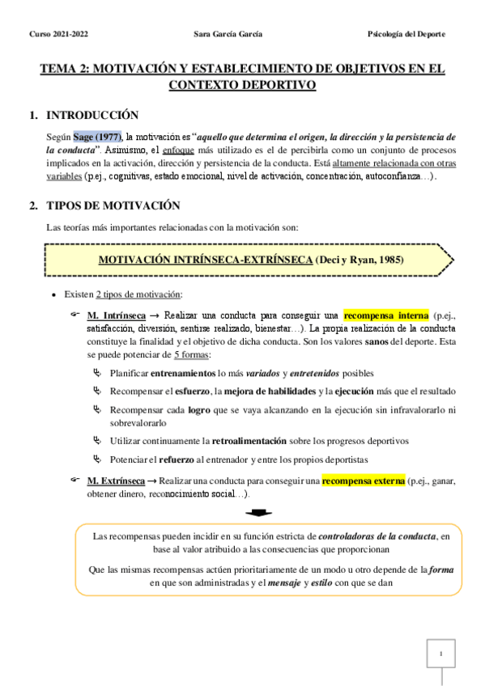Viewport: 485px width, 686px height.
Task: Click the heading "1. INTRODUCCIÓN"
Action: point(83,116)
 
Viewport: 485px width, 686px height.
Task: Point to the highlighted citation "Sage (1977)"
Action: point(96,138)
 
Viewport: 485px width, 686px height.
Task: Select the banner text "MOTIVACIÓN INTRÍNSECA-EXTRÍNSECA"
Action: point(206,260)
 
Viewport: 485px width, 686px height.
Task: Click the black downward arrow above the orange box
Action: point(257,512)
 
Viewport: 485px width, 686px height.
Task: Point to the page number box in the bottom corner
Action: point(440,653)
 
